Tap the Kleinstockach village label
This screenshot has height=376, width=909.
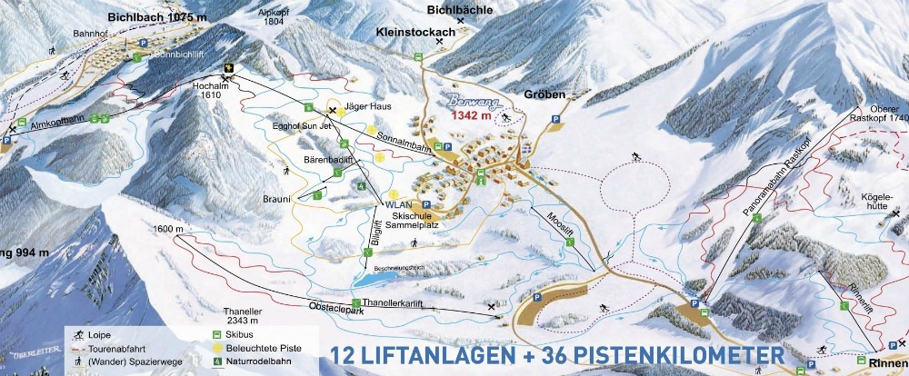(x=415, y=30)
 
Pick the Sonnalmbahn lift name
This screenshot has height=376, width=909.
(x=399, y=138)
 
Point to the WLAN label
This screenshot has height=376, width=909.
(x=398, y=205)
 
